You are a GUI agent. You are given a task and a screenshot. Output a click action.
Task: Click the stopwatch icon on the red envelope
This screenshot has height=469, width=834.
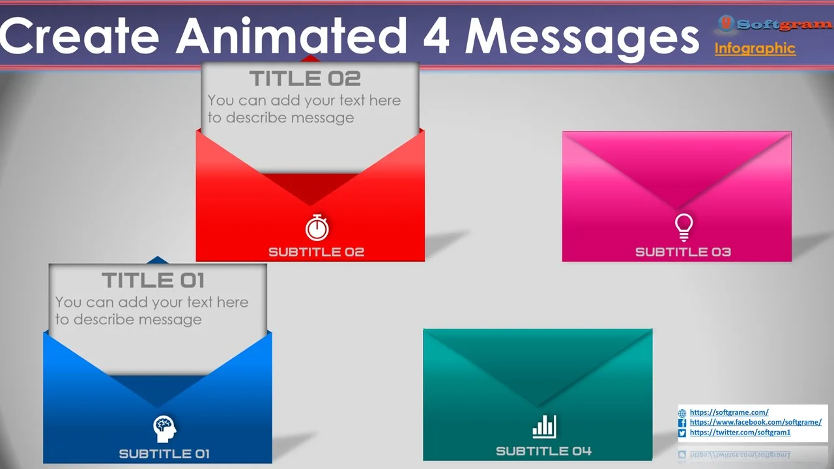pos(317,227)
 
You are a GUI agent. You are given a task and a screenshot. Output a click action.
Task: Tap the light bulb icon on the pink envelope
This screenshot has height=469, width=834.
pos(684,227)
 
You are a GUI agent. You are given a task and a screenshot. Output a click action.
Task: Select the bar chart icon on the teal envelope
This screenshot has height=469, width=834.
pos(544,427)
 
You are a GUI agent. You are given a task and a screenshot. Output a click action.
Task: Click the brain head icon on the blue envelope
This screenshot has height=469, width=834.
pos(165,429)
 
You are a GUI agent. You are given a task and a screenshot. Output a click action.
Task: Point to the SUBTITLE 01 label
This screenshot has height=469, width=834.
pos(164,454)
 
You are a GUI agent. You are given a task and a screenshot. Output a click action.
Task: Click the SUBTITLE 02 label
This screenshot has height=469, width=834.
pos(317,252)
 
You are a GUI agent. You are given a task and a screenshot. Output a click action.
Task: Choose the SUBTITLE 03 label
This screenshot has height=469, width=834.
pos(683,252)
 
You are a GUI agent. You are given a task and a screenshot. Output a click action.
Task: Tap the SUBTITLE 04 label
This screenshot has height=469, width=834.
pos(543,451)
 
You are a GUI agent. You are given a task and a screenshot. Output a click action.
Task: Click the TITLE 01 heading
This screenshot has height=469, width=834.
pos(153,280)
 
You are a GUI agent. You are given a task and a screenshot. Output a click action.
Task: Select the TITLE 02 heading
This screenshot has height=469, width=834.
pos(305,79)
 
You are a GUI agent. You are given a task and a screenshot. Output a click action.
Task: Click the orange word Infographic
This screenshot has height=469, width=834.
pos(755,48)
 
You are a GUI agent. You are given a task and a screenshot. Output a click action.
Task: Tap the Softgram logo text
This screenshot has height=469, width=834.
pos(783,25)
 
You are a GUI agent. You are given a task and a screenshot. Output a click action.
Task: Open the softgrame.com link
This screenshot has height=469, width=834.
pos(729,412)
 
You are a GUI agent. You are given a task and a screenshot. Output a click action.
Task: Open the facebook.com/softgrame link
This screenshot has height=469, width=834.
pos(755,422)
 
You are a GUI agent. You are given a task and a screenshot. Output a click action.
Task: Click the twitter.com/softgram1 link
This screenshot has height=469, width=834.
pos(740,432)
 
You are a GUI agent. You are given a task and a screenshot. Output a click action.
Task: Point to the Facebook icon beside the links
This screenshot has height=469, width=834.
pos(682,423)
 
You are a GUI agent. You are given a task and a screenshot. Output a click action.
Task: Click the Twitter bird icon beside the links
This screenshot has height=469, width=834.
pos(682,433)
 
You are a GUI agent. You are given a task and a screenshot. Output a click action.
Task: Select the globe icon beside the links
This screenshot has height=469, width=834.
pos(682,413)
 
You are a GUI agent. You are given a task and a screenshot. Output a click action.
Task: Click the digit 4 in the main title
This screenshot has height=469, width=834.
pos(437,35)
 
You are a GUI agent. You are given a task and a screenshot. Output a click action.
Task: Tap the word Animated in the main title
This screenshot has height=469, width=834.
pos(291,35)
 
